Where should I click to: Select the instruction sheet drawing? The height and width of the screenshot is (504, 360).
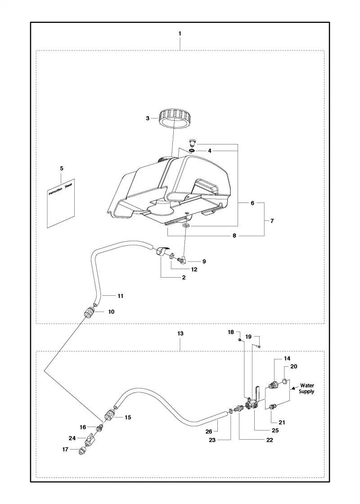61,203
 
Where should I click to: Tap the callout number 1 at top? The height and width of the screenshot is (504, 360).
180,33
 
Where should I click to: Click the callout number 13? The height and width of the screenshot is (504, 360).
180,333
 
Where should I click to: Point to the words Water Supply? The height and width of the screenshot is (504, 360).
306,388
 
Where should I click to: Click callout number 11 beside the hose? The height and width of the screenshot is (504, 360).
120,296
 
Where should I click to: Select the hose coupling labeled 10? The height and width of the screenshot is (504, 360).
89,312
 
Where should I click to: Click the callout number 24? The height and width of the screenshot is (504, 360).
72,438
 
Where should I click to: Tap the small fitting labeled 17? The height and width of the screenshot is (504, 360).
81,452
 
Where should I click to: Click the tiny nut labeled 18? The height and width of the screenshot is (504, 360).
240,340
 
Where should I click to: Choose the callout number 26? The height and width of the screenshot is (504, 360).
209,432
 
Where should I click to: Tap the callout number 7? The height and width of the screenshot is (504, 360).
272,221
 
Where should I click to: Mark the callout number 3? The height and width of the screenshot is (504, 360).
148,118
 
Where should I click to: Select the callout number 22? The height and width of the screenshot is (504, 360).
270,440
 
